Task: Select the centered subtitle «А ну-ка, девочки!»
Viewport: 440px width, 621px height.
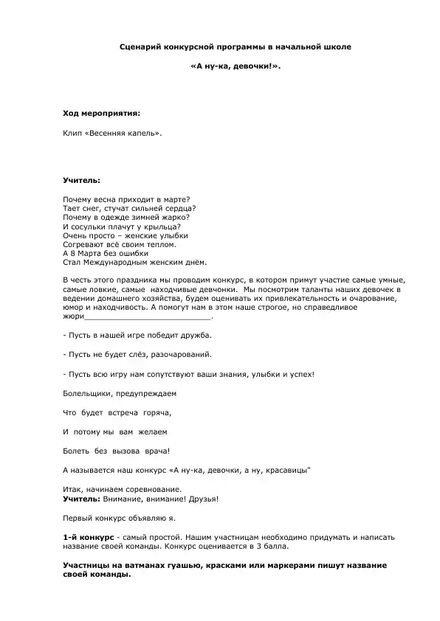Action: pyautogui.click(x=236, y=66)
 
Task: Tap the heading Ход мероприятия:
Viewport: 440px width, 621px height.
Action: pyautogui.click(x=100, y=114)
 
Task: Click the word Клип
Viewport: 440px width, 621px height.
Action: pyautogui.click(x=72, y=133)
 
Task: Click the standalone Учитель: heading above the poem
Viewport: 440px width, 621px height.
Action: pyautogui.click(x=82, y=179)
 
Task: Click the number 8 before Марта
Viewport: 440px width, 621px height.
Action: pyautogui.click(x=74, y=253)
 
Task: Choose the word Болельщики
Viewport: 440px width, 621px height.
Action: pyautogui.click(x=88, y=393)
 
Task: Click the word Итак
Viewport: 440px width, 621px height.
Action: pyautogui.click(x=73, y=489)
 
